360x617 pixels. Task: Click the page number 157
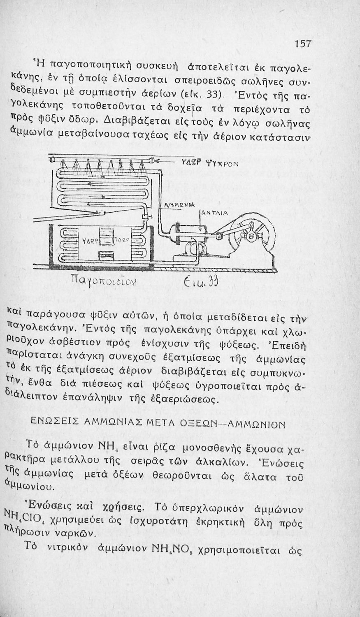tap(303, 44)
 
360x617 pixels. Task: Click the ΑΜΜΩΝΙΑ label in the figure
tap(179, 205)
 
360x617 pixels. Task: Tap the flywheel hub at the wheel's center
tap(251, 236)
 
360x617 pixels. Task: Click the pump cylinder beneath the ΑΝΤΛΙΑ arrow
tap(190, 233)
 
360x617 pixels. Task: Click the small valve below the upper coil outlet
tap(146, 217)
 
